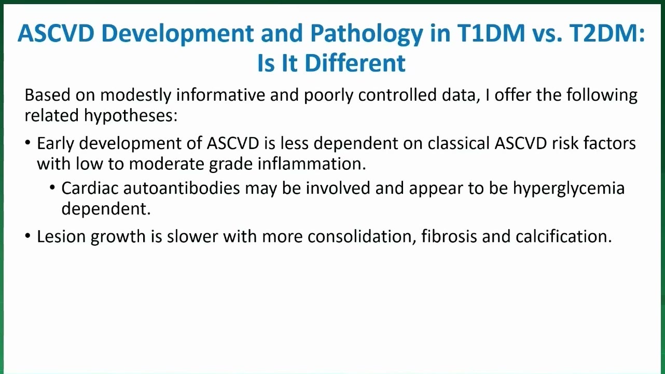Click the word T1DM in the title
click(x=491, y=33)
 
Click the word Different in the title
click(x=355, y=63)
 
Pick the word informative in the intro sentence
click(x=220, y=95)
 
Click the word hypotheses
click(x=130, y=116)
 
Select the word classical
click(x=459, y=143)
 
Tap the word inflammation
click(x=312, y=164)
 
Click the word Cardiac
click(x=90, y=188)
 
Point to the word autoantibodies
click(x=182, y=188)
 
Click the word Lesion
click(x=61, y=236)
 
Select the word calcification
click(x=564, y=236)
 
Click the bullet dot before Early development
click(x=28, y=143)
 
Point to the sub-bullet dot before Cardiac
click(x=52, y=188)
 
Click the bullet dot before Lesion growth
click(x=28, y=236)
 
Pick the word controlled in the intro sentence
click(x=397, y=95)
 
